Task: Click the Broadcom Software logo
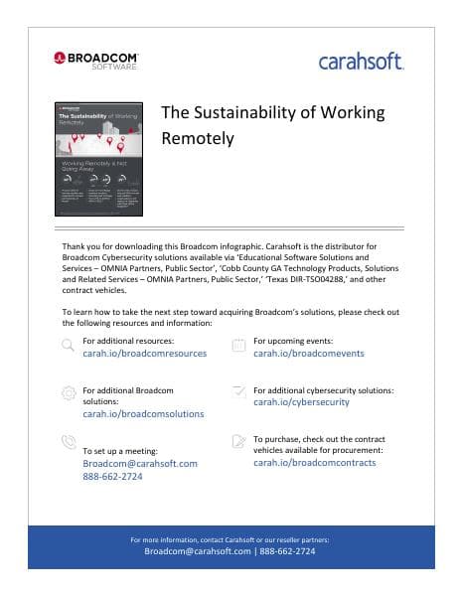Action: [96, 60]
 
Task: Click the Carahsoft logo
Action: [361, 62]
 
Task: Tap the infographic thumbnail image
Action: [98, 159]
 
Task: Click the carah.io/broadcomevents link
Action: [309, 354]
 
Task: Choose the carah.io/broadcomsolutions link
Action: [143, 414]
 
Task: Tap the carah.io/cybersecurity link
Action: [301, 402]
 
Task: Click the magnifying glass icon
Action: [68, 345]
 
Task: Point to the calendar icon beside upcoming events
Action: [238, 346]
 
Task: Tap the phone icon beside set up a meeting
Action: [68, 441]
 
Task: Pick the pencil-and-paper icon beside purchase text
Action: [238, 441]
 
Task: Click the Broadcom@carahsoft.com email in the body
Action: [140, 464]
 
